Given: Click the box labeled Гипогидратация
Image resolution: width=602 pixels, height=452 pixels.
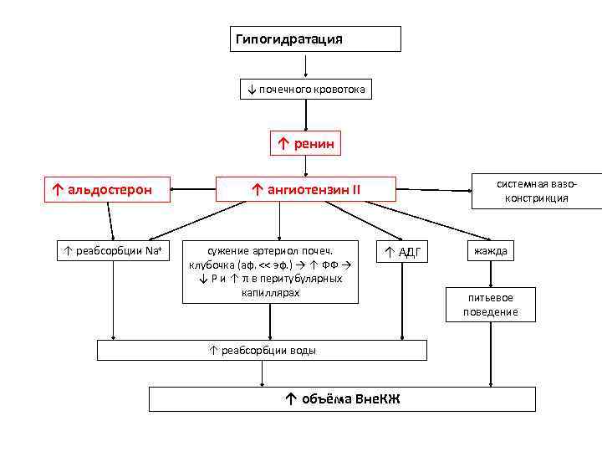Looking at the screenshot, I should pos(315,39).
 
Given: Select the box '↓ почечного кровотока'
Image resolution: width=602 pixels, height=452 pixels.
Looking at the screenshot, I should pos(306,89).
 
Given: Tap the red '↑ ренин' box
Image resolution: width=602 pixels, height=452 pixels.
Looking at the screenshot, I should pos(305,144).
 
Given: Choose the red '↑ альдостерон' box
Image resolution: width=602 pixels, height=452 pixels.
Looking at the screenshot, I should pos(106,189).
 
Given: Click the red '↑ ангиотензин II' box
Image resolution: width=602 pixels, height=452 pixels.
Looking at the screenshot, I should pos(305,189).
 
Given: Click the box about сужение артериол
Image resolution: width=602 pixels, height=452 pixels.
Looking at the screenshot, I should pos(269,271).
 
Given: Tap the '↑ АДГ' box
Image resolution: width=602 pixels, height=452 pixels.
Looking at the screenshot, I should pos(402,251).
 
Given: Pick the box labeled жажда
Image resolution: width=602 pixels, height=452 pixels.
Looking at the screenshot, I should pos(490,250).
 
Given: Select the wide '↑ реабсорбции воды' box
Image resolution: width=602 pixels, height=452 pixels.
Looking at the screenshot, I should pos(262,350).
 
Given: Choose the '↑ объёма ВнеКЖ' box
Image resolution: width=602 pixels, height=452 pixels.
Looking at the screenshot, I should pos(342,398).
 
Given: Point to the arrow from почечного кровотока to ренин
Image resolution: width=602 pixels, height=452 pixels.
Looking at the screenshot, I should pos(306,114).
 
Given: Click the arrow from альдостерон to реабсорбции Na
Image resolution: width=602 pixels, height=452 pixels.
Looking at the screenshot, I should pos(109,221).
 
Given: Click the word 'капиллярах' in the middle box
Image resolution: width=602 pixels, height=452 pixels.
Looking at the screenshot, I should pos(268,292).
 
